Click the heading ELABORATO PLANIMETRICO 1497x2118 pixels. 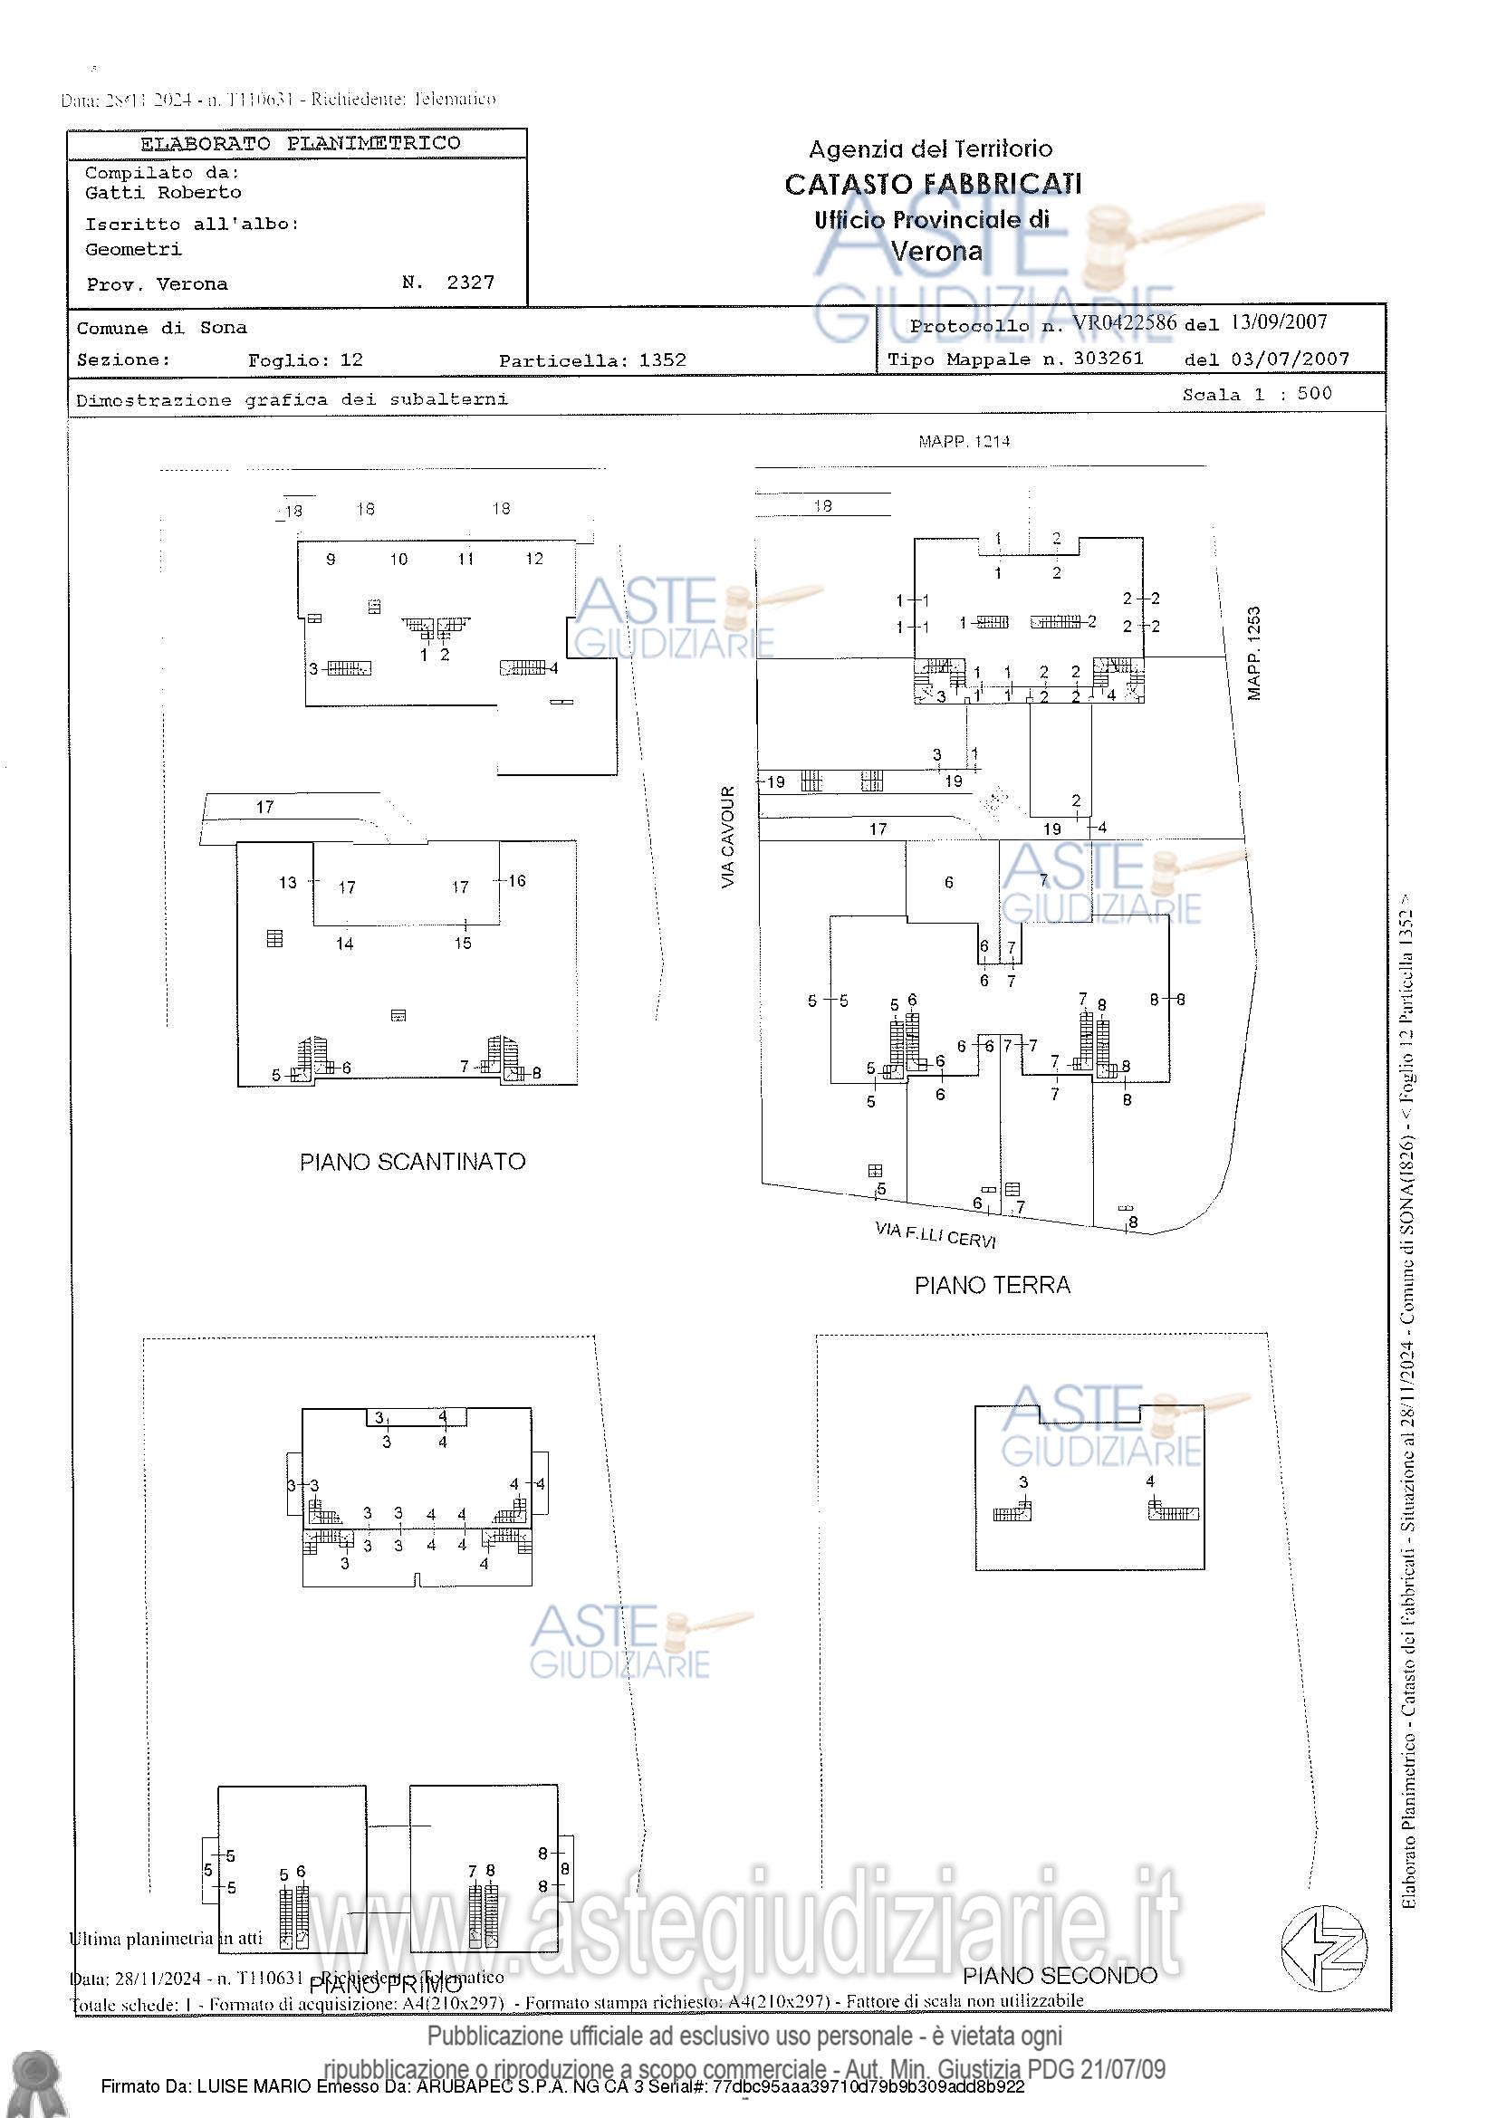300,143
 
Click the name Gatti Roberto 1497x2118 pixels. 163,193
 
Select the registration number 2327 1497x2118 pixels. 470,283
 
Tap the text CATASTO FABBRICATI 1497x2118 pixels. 933,185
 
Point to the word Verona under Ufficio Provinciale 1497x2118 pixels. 936,251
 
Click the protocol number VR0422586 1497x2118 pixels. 1124,323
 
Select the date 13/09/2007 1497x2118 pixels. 1280,322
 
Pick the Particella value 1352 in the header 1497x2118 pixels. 662,360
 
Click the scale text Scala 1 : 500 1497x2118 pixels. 1257,394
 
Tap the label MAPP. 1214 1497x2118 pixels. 964,442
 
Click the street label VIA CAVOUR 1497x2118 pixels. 729,838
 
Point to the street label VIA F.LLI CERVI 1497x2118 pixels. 936,1234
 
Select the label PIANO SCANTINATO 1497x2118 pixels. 412,1163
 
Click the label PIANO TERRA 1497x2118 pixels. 992,1285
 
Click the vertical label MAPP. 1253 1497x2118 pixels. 1253,653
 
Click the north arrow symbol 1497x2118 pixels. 1324,1950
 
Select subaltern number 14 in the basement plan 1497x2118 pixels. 345,944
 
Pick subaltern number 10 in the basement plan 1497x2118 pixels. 398,559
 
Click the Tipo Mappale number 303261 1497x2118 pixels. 1108,359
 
